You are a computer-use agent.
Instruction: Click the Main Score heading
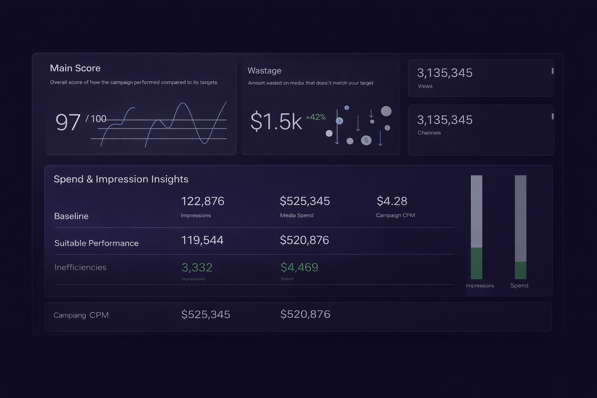[x=75, y=68]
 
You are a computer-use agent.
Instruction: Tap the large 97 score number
[x=68, y=122]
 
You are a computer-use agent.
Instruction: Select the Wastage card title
[x=264, y=71]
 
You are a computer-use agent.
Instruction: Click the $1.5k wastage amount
[x=276, y=121]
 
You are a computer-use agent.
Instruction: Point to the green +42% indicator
[x=316, y=117]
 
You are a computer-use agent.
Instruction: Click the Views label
[x=425, y=86]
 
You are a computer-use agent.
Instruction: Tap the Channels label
[x=429, y=133]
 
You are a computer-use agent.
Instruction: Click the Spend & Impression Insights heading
[x=121, y=179]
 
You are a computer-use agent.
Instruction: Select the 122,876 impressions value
[x=202, y=201]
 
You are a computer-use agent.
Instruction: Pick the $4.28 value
[x=392, y=201]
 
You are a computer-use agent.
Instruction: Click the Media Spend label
[x=297, y=215]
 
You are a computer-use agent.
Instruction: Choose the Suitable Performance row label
[x=96, y=243]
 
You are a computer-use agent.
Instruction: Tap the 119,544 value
[x=202, y=240]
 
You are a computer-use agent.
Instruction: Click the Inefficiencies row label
[x=80, y=267]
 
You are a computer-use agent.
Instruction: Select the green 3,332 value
[x=197, y=267]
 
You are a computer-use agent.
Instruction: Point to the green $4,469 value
[x=299, y=267]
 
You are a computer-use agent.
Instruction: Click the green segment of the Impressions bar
[x=476, y=263]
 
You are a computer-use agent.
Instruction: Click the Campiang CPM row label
[x=81, y=315]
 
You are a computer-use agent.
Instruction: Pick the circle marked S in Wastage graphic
[x=366, y=140]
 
